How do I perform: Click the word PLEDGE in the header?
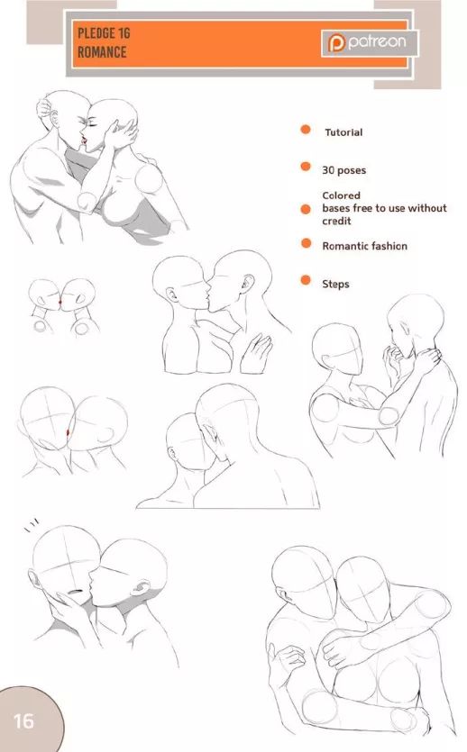[x=97, y=33]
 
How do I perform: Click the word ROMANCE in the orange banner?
[x=102, y=52]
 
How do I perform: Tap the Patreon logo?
[x=370, y=42]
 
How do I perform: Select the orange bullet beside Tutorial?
[x=306, y=130]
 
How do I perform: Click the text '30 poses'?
[x=343, y=170]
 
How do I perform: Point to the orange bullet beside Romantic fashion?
[x=306, y=244]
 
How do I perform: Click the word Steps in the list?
[x=335, y=284]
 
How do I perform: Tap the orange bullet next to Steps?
[x=306, y=279]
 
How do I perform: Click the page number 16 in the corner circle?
[x=23, y=720]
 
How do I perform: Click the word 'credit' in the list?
[x=336, y=221]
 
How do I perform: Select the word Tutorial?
[x=343, y=132]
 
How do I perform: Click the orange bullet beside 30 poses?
[x=306, y=167]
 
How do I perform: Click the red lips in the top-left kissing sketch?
[x=85, y=140]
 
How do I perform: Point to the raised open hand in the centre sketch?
[x=256, y=353]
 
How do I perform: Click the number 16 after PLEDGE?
[x=124, y=33]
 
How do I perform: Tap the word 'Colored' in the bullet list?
[x=341, y=195]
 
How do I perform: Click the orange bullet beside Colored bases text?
[x=306, y=209]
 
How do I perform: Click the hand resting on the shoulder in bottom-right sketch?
[x=341, y=649]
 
